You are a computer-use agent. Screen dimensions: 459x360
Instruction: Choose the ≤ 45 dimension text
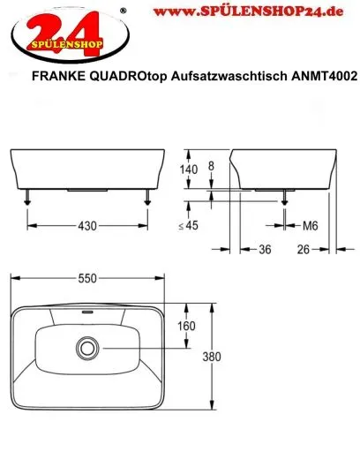pyautogui.click(x=188, y=226)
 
